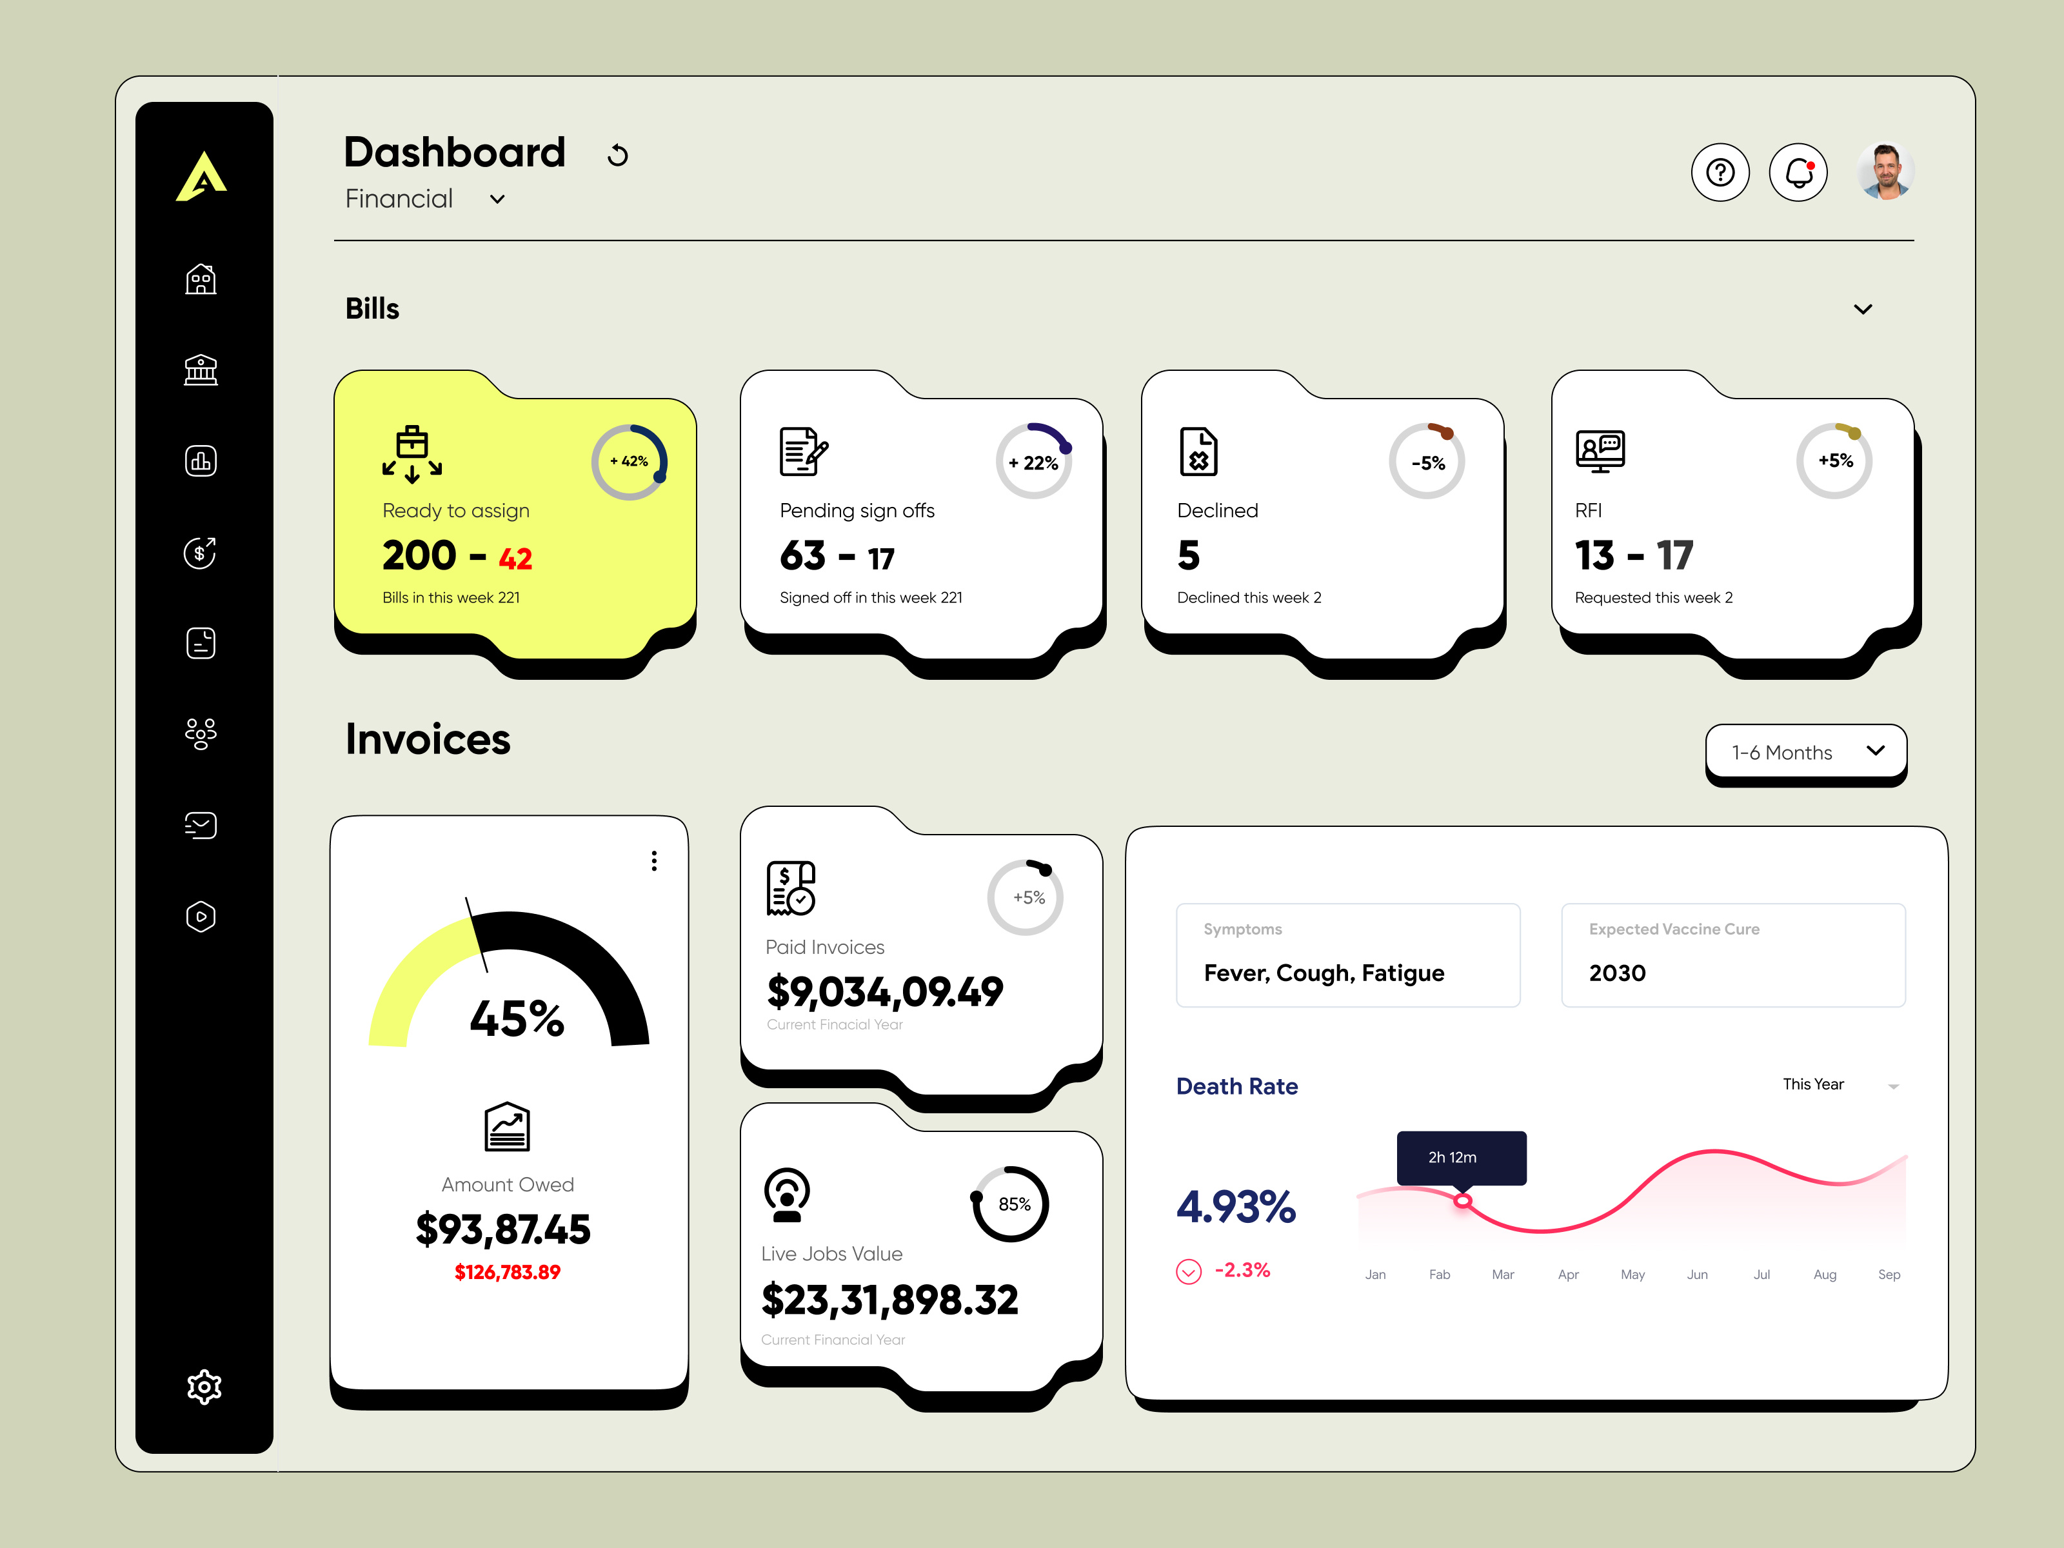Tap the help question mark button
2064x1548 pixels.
point(1720,173)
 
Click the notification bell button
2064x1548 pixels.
point(1798,173)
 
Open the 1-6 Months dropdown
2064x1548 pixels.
point(1805,752)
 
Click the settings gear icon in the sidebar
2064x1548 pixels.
point(203,1387)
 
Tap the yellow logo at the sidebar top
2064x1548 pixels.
point(201,176)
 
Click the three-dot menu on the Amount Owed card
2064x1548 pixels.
point(654,861)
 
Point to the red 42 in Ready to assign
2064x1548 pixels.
point(515,559)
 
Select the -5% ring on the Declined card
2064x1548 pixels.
point(1427,462)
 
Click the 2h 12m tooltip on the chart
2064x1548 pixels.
point(1460,1158)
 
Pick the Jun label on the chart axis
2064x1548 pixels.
point(1696,1275)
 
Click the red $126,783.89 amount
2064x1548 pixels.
point(507,1273)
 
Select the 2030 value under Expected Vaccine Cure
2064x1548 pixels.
point(1617,973)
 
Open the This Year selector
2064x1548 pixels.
point(1838,1084)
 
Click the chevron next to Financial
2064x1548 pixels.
point(497,200)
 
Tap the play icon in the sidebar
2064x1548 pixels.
point(201,917)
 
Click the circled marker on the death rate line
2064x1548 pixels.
point(1463,1201)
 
